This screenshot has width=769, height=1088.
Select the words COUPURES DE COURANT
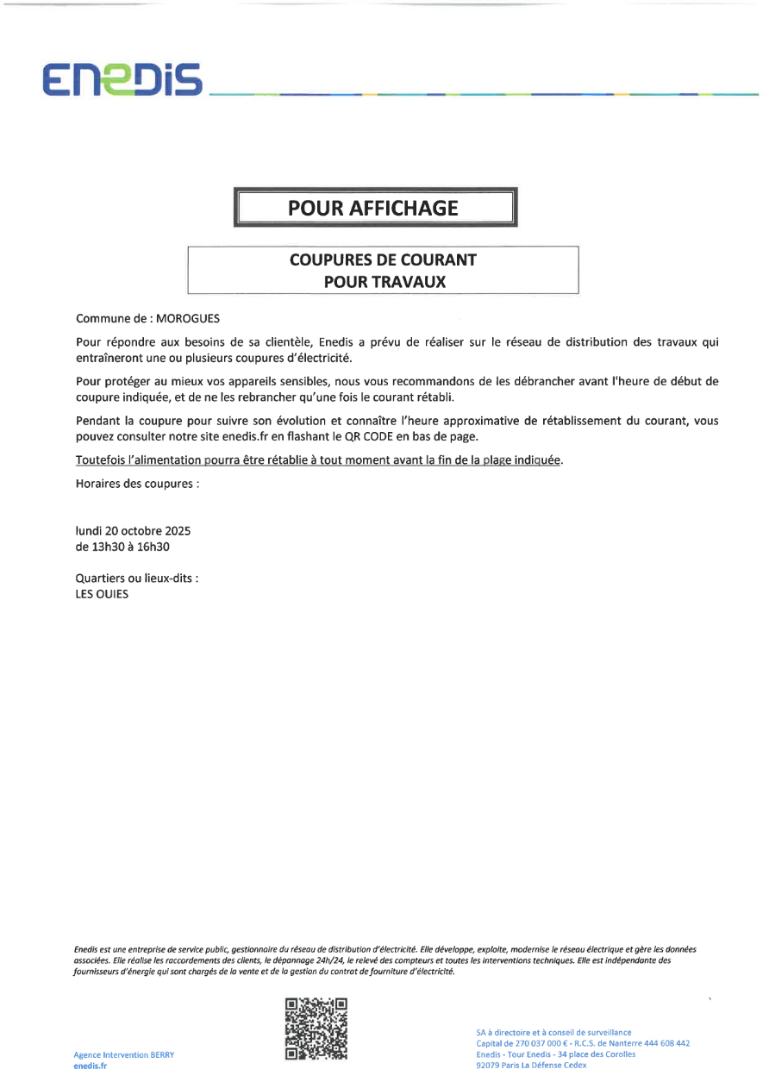click(x=383, y=259)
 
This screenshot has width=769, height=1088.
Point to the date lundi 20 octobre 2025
click(x=133, y=531)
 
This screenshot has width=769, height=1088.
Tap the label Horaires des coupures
click(x=138, y=484)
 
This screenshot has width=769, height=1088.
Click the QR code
click(x=316, y=1028)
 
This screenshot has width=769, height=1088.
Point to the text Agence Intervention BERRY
click(x=123, y=1055)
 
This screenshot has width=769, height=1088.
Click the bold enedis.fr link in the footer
click(x=91, y=1066)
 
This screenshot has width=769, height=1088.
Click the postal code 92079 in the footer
click(x=487, y=1066)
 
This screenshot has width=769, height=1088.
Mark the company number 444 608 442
click(x=664, y=1043)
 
